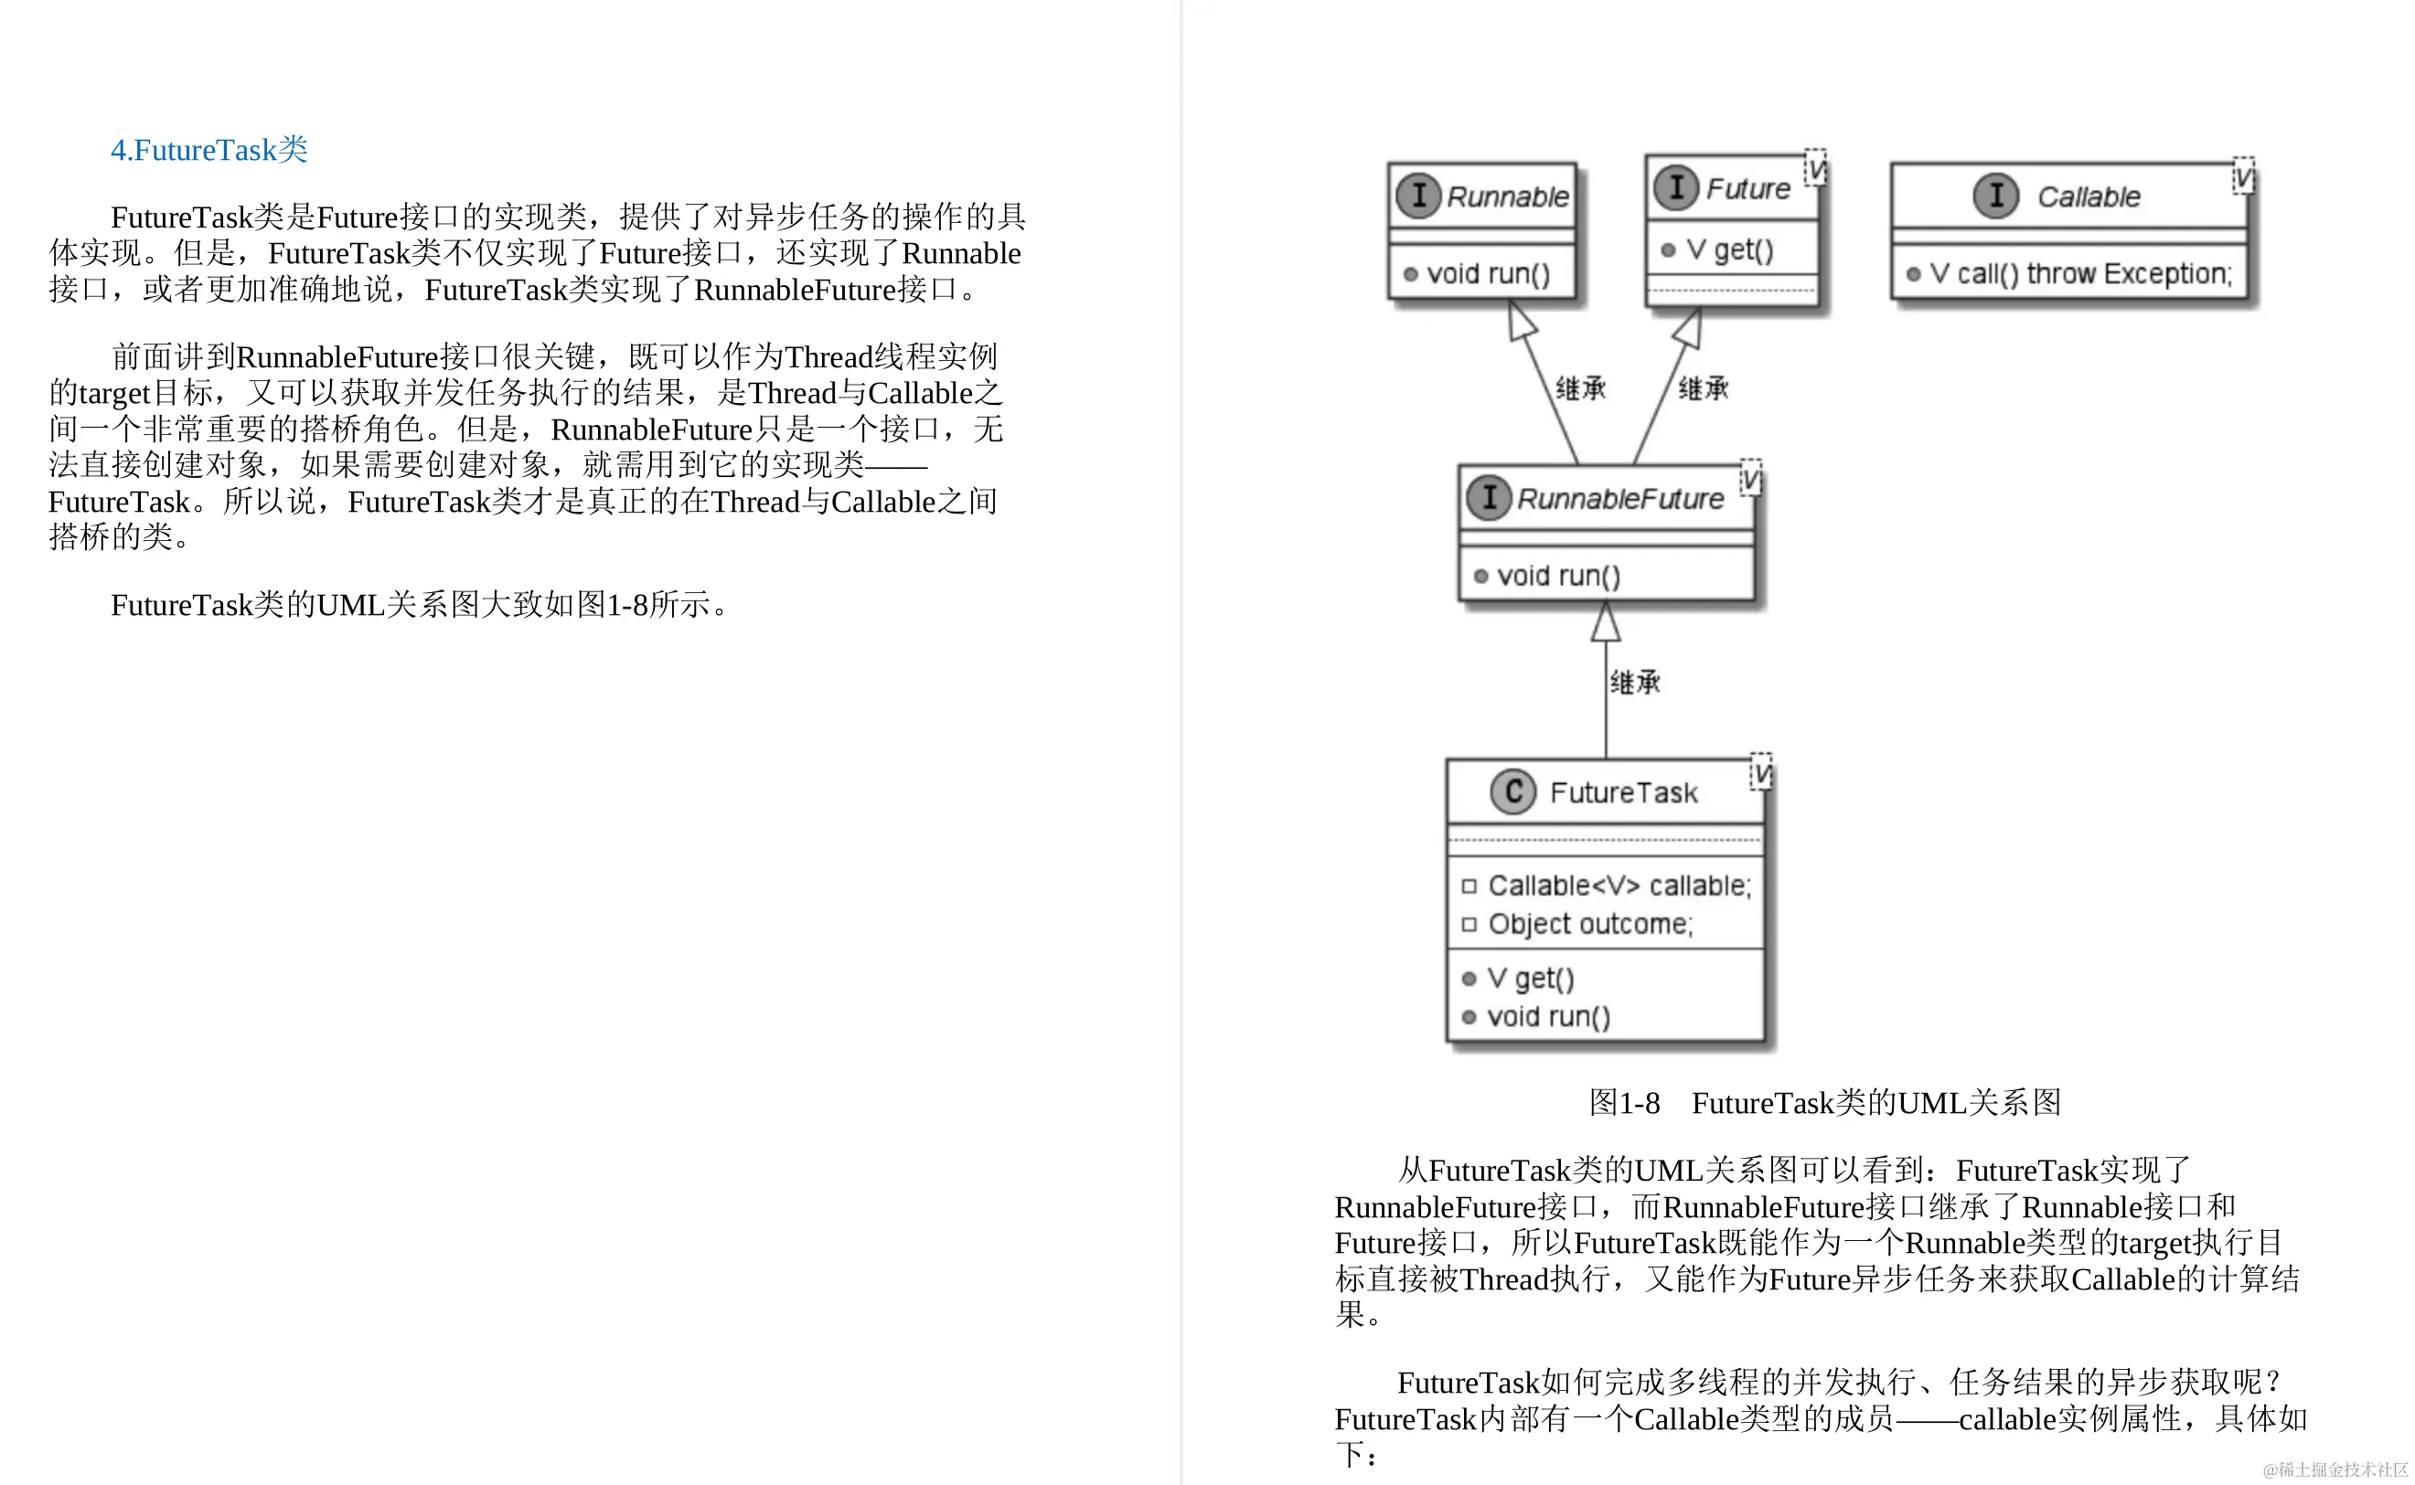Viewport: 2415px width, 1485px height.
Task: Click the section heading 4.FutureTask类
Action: coord(208,150)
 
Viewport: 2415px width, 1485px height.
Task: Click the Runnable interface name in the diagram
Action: coord(1507,197)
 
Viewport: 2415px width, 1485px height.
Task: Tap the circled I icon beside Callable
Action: coord(1995,196)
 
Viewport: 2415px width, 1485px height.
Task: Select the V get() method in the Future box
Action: coord(1729,250)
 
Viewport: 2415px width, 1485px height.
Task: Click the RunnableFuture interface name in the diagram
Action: coord(1620,499)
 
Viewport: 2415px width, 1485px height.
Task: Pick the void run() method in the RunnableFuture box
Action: coord(1558,576)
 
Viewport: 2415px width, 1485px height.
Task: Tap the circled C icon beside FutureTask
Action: coord(1513,791)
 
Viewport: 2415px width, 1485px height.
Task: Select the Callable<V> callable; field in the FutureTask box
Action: coord(1619,886)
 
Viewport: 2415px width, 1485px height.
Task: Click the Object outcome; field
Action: coord(1589,924)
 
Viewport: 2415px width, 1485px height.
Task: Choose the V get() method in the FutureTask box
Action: coord(1530,978)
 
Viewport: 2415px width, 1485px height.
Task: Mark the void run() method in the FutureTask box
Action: coord(1548,1016)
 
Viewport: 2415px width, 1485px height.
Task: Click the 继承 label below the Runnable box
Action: coord(1581,389)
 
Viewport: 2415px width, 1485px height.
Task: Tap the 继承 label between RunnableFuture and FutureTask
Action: coord(1635,683)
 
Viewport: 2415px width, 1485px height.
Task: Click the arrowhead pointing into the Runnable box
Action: coord(1521,321)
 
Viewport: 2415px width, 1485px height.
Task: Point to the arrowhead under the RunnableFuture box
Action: coord(1606,621)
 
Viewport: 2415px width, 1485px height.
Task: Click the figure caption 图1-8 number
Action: coord(1624,1103)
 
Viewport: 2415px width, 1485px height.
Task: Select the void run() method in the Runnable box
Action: coord(1488,274)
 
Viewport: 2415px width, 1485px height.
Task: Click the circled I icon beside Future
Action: coord(1676,187)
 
